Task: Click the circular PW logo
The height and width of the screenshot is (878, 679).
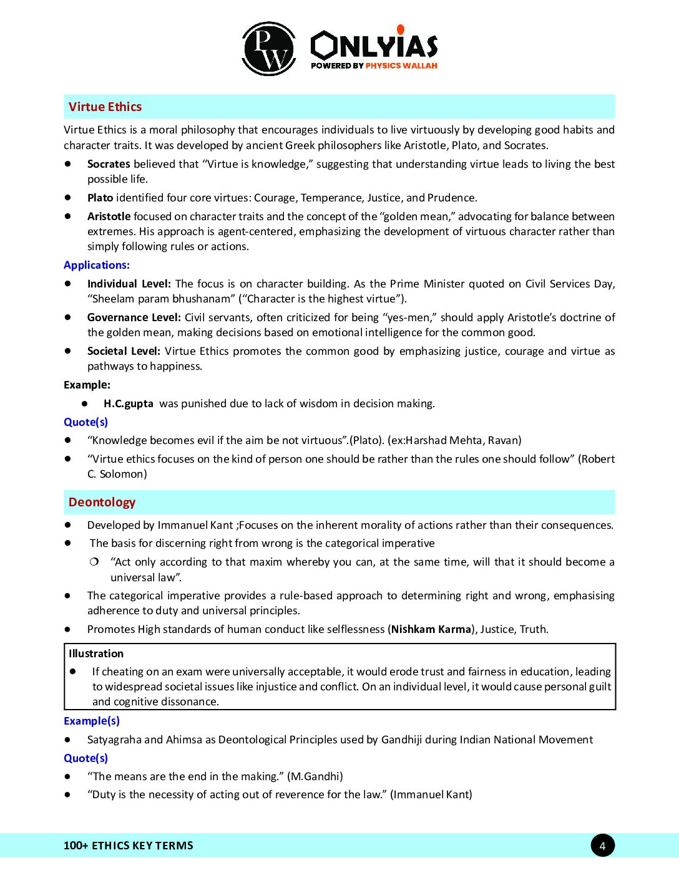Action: coord(269,49)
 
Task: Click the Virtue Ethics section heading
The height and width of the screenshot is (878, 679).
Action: coord(105,107)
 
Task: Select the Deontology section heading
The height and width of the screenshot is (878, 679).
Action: coord(102,502)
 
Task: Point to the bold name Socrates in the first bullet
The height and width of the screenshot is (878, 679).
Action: coord(109,164)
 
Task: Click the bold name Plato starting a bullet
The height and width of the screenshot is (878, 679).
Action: coord(100,198)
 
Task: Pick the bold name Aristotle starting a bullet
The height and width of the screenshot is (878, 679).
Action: coord(109,216)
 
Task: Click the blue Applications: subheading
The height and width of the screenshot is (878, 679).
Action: coord(97,265)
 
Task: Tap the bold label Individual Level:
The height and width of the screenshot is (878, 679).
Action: coord(129,284)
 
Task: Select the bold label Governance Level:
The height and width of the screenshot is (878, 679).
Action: coord(134,317)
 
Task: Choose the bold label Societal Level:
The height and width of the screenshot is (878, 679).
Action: coord(124,351)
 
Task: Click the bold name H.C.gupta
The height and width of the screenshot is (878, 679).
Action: coord(129,403)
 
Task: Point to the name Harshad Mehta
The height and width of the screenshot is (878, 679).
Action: coord(444,440)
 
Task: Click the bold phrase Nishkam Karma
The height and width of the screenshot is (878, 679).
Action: coord(431,629)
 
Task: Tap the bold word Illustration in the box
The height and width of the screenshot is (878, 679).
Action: coord(96,654)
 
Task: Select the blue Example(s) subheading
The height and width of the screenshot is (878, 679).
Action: coord(92,721)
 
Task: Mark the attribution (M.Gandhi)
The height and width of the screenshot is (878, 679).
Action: coord(315,776)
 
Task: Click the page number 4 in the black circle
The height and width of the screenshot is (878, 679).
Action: coord(602,846)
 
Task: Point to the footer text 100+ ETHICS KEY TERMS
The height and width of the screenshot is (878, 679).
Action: coord(129,846)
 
